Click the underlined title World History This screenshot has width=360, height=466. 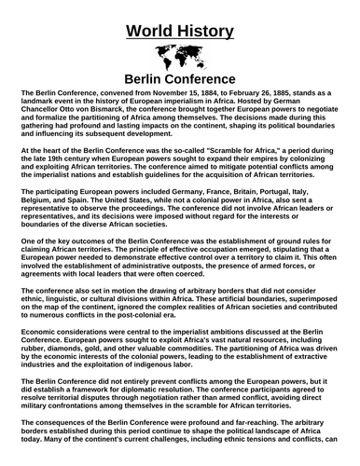click(180, 21)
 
